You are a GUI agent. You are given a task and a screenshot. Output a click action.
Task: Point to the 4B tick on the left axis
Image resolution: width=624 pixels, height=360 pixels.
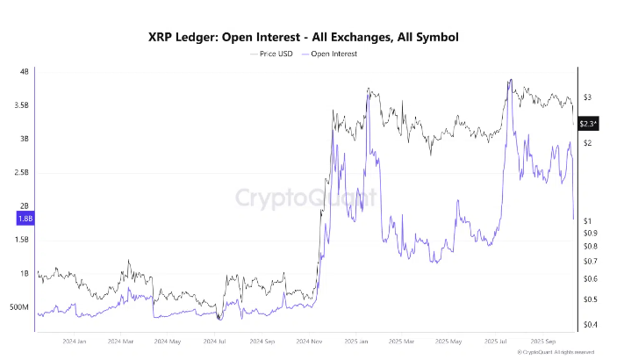[x=25, y=71]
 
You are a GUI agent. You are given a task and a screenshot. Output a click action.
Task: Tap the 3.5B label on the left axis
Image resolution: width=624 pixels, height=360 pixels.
[x=20, y=104]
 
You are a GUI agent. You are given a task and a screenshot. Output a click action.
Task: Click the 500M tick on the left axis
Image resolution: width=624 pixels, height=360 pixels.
[x=18, y=307]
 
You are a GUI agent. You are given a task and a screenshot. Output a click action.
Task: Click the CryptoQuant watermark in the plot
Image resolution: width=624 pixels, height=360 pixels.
[x=306, y=196]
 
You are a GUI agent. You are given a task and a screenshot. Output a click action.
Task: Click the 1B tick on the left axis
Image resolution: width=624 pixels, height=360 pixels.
[x=25, y=274]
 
